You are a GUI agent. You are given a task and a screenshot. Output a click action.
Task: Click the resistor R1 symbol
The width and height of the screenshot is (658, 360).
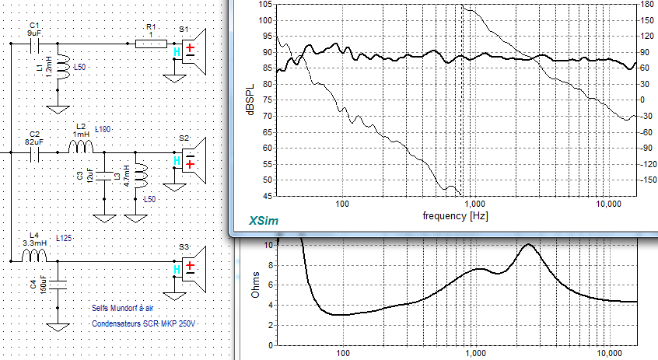tap(151, 44)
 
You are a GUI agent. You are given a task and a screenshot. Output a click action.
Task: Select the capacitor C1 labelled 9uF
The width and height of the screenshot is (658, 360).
tap(34, 44)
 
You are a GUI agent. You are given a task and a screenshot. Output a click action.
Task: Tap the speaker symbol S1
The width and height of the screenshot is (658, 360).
tap(194, 51)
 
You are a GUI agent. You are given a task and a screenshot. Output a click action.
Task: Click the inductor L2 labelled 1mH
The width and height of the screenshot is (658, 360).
tap(80, 147)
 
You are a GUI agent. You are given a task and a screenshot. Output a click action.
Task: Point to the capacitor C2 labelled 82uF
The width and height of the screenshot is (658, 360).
tap(34, 152)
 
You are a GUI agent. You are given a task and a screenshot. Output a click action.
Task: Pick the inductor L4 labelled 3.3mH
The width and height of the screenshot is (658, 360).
tap(34, 255)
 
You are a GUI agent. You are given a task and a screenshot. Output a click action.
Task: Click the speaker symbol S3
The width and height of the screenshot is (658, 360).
tap(194, 269)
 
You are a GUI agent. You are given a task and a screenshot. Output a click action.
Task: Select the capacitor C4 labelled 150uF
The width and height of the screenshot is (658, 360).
tap(58, 285)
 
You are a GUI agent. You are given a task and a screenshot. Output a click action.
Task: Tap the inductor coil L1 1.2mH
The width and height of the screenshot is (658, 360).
tap(62, 67)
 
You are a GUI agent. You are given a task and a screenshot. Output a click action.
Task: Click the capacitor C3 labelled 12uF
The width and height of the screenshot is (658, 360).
tap(104, 176)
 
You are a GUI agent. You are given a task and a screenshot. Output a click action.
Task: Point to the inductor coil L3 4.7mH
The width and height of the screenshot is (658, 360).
tap(141, 177)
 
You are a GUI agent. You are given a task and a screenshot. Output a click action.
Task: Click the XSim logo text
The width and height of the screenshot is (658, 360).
tap(264, 221)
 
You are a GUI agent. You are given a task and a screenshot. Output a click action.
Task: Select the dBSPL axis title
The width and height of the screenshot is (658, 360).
tap(251, 100)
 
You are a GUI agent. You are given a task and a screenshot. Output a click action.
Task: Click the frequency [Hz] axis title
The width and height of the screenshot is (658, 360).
tap(455, 216)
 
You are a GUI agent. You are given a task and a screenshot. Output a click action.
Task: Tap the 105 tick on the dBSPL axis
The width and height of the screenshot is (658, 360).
tap(265, 5)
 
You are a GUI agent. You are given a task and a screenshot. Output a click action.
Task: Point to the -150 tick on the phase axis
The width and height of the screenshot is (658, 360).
tap(646, 180)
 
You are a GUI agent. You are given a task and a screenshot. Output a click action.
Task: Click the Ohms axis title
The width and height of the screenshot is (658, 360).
tap(255, 285)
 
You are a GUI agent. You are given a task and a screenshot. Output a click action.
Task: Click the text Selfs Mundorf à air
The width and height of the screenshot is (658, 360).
tap(123, 308)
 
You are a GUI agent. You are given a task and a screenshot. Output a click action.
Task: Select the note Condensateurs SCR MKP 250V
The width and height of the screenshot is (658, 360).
tap(144, 323)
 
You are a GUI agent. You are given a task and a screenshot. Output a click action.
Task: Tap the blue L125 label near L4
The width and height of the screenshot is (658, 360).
tap(64, 238)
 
